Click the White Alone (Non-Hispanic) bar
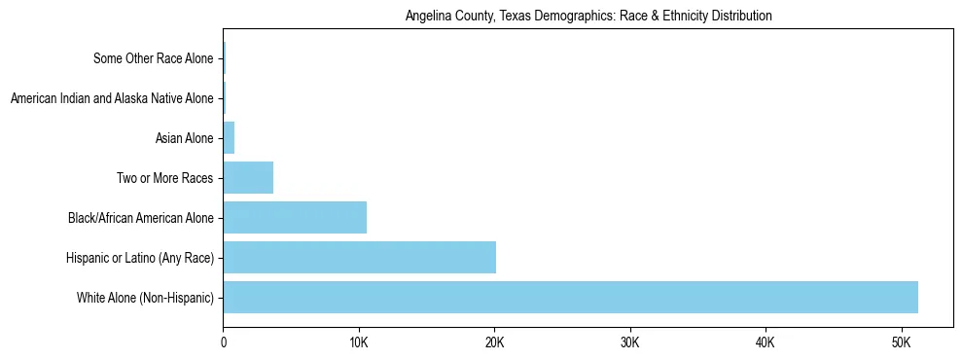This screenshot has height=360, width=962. click(x=570, y=297)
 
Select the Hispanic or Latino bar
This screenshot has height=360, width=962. click(x=359, y=257)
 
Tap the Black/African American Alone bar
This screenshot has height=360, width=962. click(x=295, y=217)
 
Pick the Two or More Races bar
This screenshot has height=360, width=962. click(x=248, y=178)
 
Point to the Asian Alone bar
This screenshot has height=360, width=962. click(x=229, y=138)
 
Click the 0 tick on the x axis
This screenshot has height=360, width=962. click(x=224, y=343)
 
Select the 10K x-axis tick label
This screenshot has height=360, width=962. click(x=359, y=343)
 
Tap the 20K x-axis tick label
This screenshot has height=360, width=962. click(x=494, y=343)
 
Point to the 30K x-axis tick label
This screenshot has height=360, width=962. click(x=629, y=343)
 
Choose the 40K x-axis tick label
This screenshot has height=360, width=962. click(x=765, y=343)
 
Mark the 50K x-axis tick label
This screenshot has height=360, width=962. click(x=900, y=343)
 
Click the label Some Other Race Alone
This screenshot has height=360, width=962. click(x=153, y=59)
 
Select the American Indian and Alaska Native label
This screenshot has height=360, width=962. click(x=111, y=98)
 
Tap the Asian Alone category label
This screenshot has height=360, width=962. click(x=184, y=138)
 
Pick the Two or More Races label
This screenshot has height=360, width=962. click(x=164, y=178)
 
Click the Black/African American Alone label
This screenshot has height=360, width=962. click(x=140, y=218)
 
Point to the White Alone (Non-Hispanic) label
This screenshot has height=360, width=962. click(x=145, y=297)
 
